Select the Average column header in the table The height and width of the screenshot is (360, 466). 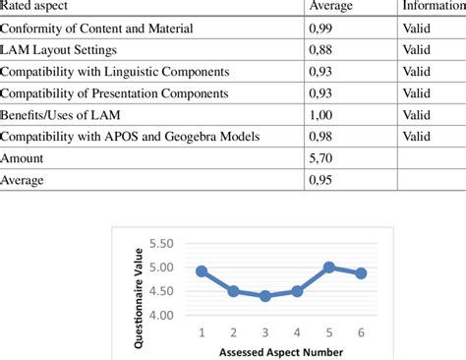point(331,6)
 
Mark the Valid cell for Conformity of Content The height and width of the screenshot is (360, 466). point(416,28)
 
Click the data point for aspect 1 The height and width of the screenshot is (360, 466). point(202,270)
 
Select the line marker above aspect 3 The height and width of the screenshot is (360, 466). point(265,296)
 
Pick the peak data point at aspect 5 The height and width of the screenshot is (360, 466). point(328,267)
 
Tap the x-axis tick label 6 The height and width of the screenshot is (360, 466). point(361,332)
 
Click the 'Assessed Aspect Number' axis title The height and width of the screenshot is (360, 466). point(281,350)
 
